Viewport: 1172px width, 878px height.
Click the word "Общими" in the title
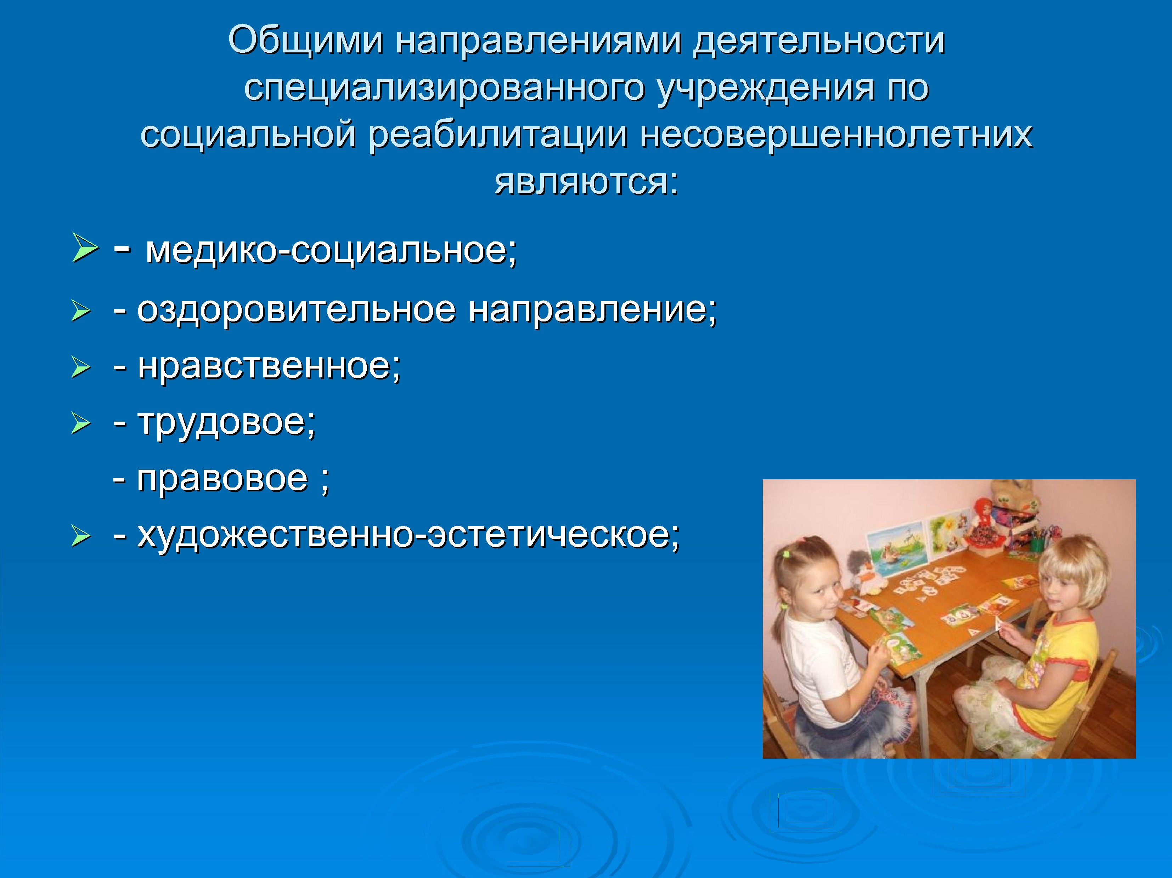(x=306, y=41)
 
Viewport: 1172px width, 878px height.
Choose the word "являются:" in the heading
(x=586, y=182)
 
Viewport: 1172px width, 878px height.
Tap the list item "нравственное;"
(x=269, y=366)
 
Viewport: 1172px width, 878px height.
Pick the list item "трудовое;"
(x=227, y=423)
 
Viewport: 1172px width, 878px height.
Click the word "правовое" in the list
(x=222, y=480)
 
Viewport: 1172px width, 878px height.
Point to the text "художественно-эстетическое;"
(x=408, y=536)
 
